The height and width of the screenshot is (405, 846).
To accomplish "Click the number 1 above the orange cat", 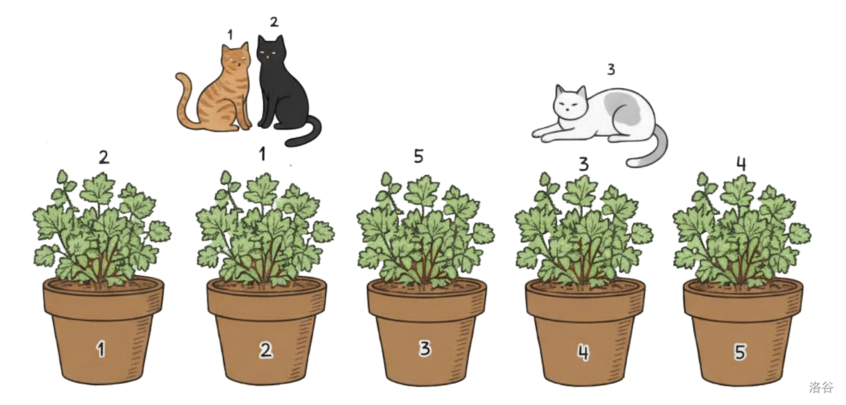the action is click(x=230, y=35).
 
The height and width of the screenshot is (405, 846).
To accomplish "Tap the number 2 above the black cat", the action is click(x=274, y=21).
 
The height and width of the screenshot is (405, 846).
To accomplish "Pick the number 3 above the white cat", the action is click(x=611, y=69).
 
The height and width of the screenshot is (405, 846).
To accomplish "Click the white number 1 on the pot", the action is click(x=101, y=349).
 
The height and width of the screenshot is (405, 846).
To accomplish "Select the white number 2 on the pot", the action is click(x=265, y=350).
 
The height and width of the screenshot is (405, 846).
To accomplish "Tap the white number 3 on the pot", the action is click(x=425, y=348).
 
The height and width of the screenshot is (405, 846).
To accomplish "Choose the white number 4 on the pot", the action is click(x=583, y=352).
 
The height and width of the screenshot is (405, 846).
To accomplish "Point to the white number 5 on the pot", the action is click(x=740, y=352).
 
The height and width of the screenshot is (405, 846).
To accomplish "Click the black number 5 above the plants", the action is click(x=419, y=156).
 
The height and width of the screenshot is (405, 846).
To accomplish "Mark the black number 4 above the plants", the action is click(x=741, y=163).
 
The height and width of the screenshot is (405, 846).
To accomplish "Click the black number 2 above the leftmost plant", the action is click(x=104, y=157).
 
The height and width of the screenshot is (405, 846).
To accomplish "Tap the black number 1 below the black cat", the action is click(x=262, y=153).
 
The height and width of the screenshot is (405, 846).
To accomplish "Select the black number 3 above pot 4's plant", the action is click(x=584, y=164).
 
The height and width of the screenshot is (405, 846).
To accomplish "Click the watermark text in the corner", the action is click(x=821, y=387).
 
